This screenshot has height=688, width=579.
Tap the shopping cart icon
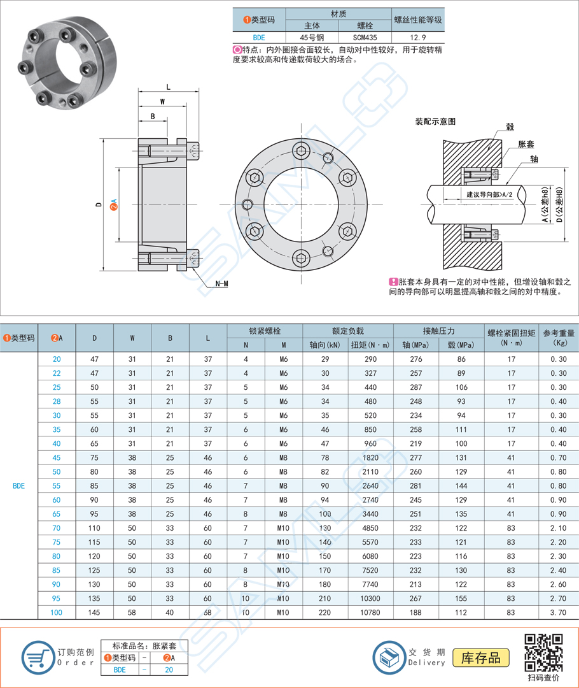(x=38, y=656)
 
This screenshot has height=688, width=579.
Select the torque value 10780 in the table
(x=370, y=612)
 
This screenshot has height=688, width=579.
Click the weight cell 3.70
(x=558, y=612)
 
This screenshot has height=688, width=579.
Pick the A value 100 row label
(x=57, y=612)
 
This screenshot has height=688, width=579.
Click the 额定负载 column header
(x=347, y=331)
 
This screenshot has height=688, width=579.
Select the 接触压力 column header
(x=439, y=331)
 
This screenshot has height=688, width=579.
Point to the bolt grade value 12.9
(x=418, y=38)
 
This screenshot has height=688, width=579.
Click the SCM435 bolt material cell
(x=364, y=38)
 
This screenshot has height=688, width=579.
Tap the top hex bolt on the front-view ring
(x=300, y=150)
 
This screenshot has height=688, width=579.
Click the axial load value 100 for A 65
(x=324, y=513)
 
